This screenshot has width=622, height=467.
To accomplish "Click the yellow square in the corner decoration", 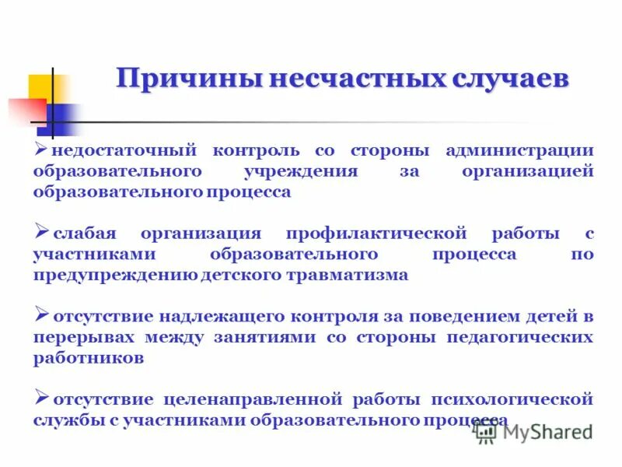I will [40, 87].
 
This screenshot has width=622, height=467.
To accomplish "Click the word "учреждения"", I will [311, 171].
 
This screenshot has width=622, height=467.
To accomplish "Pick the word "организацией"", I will [528, 171].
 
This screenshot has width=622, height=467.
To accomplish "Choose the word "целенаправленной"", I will [253, 400].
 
